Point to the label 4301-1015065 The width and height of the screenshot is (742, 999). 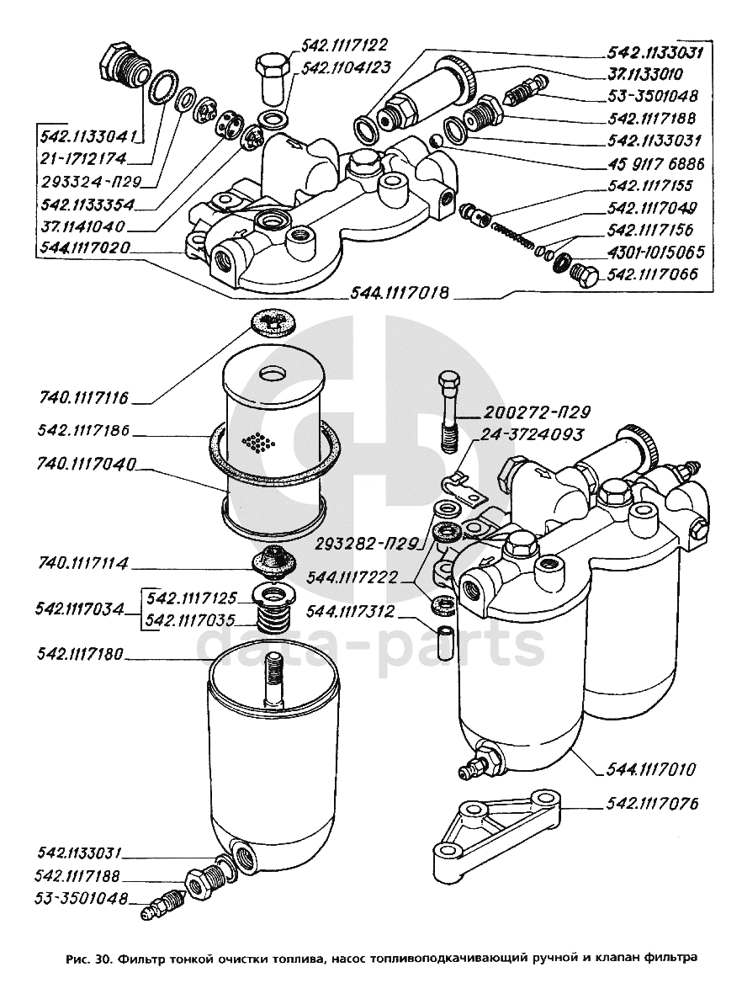coord(655,252)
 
